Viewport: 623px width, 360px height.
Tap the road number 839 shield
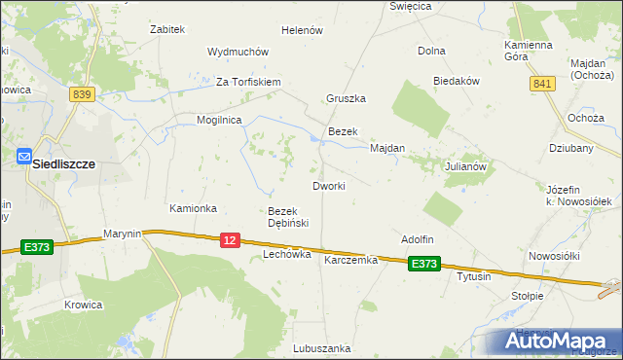point(82,93)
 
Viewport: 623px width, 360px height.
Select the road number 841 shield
point(542,85)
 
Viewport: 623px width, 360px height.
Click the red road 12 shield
point(230,239)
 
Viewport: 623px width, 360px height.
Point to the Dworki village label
point(328,185)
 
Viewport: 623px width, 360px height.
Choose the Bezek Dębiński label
point(288,217)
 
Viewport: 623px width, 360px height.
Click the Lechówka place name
point(286,254)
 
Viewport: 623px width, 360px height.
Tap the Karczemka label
point(350,260)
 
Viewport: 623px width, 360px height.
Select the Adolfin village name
point(417,238)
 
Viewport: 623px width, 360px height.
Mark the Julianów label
point(464,166)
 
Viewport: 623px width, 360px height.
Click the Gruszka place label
point(346,98)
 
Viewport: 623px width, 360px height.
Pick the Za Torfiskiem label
point(248,81)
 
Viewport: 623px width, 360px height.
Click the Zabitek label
point(167,29)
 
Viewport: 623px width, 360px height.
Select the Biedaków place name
point(457,82)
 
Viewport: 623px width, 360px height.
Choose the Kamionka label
point(193,208)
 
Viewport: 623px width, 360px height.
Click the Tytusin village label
point(474,276)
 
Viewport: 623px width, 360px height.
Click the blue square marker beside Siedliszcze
point(23,154)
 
